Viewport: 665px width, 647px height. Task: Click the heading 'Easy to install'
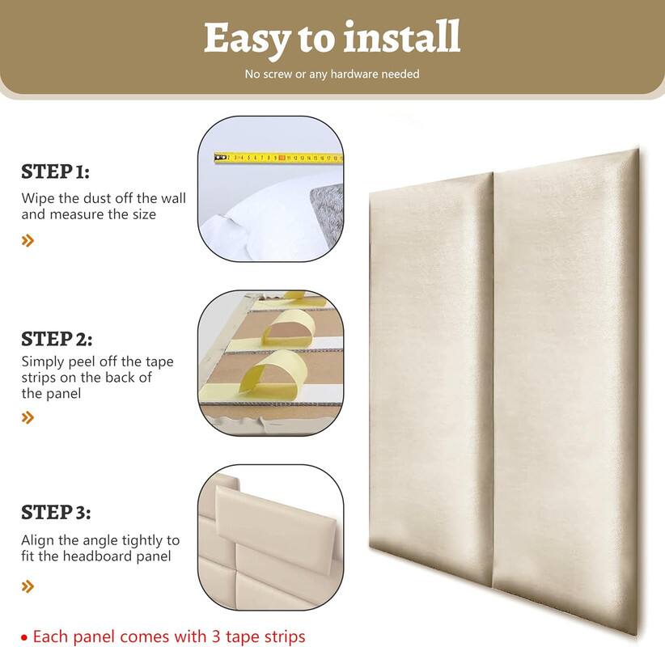[332, 37]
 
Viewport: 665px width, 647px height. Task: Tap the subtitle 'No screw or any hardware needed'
[332, 74]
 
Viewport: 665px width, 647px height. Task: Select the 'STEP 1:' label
[55, 171]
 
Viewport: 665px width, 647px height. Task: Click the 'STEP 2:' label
[57, 339]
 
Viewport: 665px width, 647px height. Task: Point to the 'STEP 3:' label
[56, 513]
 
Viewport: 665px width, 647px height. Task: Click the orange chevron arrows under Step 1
[28, 240]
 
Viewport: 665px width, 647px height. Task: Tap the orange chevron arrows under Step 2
[28, 417]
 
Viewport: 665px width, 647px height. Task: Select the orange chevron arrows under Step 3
[28, 586]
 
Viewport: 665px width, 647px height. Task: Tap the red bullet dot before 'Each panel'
[24, 637]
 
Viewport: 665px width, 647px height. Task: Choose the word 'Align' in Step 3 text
[38, 540]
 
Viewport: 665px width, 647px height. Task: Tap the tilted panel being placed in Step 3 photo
[275, 526]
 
